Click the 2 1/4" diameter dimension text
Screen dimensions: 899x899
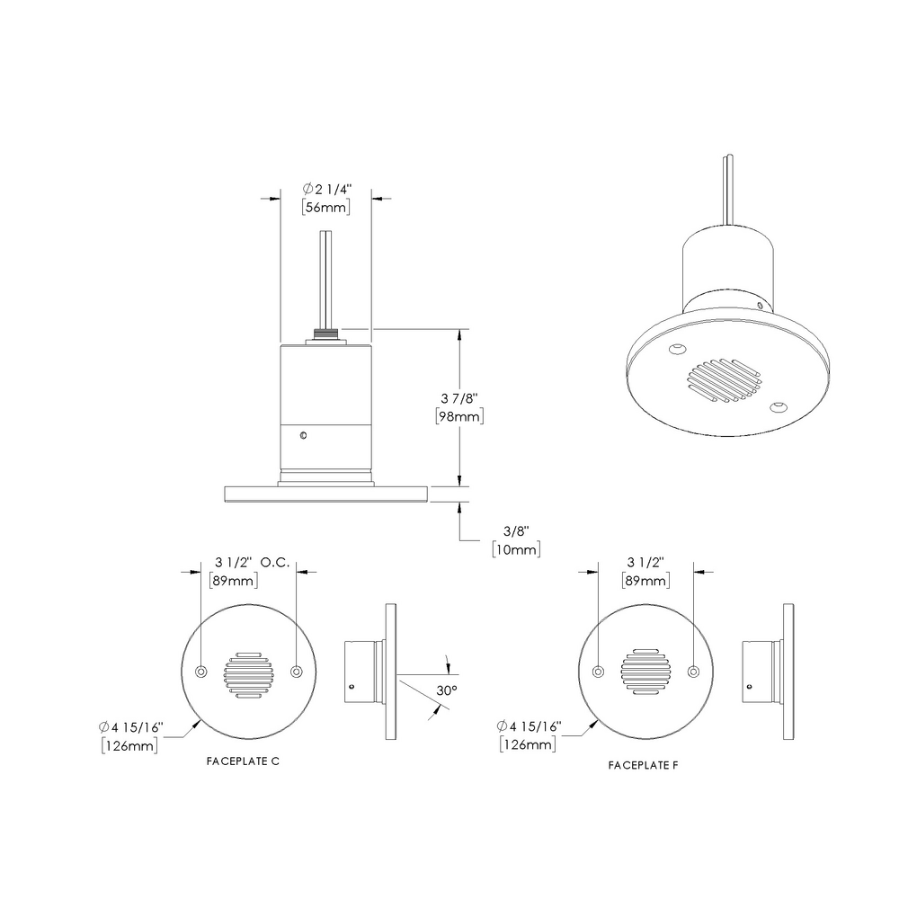pos(326,189)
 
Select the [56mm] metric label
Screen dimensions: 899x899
pos(325,207)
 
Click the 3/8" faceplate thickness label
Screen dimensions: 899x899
pos(515,530)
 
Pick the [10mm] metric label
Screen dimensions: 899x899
pos(515,548)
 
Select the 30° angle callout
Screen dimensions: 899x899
pos(447,690)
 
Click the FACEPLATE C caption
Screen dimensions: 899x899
pos(243,761)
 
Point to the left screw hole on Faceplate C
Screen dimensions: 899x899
pos(201,672)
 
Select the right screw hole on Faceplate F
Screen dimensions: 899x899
pos(693,672)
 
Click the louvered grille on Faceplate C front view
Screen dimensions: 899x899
pos(248,674)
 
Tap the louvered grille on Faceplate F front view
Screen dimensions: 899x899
pos(646,672)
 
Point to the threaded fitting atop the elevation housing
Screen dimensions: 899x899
pos(325,337)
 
